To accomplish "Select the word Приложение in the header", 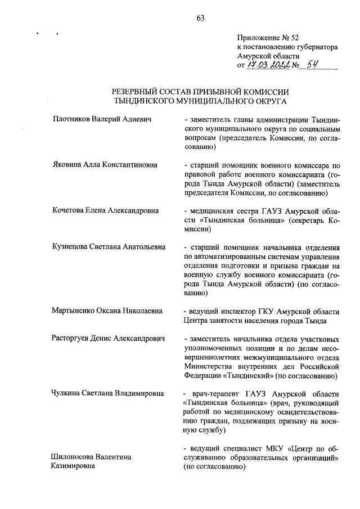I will [259, 38].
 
